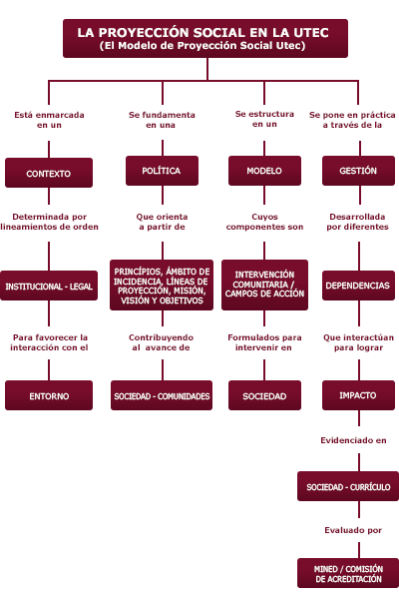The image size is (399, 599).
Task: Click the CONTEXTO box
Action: (x=49, y=173)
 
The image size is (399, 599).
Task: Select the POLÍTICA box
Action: (x=162, y=171)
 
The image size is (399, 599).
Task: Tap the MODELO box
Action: (x=264, y=171)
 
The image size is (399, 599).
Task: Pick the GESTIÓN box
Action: (x=358, y=171)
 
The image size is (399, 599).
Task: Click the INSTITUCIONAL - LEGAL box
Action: (x=49, y=286)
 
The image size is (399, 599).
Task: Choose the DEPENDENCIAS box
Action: (x=358, y=286)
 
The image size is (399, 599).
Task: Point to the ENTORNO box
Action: (x=49, y=395)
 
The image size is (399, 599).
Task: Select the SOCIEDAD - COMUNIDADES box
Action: (x=162, y=395)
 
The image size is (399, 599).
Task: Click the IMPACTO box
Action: (x=358, y=395)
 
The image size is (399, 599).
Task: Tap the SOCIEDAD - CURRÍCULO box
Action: (x=348, y=486)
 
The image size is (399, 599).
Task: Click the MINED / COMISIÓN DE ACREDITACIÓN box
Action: (x=348, y=573)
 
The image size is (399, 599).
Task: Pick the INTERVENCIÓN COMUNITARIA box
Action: (x=264, y=285)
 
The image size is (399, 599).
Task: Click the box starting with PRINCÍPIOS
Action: (x=162, y=285)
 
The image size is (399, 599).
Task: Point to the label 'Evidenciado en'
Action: (x=353, y=440)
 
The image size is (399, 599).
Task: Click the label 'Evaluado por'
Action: (x=353, y=530)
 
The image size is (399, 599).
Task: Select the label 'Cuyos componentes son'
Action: (x=264, y=222)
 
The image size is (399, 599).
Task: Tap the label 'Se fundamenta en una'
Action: (x=162, y=120)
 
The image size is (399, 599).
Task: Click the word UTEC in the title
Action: (x=311, y=33)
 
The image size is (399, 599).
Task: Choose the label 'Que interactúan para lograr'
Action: (x=358, y=342)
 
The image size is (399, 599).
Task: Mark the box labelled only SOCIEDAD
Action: (x=264, y=395)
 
